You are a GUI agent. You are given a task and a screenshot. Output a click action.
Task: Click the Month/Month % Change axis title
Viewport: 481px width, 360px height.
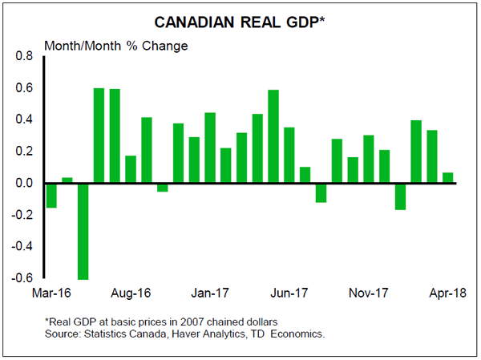click(115, 45)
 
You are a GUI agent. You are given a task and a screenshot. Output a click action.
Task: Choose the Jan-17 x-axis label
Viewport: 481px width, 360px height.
click(211, 293)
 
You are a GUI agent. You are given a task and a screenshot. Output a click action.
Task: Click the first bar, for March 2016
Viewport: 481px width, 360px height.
click(51, 196)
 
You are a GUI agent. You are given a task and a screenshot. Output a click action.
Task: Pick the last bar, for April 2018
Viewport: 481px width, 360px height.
click(447, 178)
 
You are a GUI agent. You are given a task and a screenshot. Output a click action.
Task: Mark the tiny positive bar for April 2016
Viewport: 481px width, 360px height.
click(67, 180)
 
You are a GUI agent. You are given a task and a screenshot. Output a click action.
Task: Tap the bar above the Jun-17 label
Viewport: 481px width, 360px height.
click(289, 156)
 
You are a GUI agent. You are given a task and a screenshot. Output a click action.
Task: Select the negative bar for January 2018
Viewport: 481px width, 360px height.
click(400, 196)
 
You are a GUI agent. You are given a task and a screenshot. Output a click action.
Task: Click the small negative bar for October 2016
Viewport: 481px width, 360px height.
click(163, 188)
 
